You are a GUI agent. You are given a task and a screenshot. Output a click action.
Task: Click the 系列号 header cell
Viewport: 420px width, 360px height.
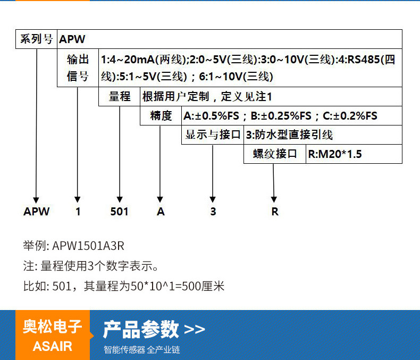[x=37, y=39]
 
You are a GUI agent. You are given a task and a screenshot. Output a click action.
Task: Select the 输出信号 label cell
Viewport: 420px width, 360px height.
[x=78, y=68]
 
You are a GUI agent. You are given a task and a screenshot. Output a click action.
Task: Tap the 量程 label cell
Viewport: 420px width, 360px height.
[x=120, y=96]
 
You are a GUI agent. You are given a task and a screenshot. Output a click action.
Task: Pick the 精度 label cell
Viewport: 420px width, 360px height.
[x=161, y=116]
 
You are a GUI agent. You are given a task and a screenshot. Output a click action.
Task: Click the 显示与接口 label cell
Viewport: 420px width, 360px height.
[x=213, y=135]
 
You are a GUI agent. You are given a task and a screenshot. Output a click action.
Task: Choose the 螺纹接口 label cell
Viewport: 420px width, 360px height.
[x=275, y=154]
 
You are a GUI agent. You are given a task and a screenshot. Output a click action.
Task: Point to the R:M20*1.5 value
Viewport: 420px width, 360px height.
[x=335, y=154]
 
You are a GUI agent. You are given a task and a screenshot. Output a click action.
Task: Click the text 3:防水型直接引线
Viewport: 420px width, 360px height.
[x=289, y=135]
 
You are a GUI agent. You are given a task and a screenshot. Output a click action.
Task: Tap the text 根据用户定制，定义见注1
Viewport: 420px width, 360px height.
[x=207, y=96]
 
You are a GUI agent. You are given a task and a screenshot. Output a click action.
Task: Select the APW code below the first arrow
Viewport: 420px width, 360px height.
[x=37, y=212]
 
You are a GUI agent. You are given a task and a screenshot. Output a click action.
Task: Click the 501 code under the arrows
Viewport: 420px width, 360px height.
[x=120, y=212]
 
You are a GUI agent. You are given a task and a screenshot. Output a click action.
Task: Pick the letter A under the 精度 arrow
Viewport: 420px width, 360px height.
[x=161, y=212]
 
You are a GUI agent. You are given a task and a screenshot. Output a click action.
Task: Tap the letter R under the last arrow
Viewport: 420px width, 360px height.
[x=275, y=212]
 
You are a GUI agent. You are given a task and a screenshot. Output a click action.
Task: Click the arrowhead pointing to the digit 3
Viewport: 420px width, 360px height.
[x=213, y=199]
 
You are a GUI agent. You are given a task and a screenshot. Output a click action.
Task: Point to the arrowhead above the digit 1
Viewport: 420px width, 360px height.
[x=78, y=199]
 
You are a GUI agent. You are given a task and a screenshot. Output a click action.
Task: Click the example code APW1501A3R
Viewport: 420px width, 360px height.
[x=88, y=246]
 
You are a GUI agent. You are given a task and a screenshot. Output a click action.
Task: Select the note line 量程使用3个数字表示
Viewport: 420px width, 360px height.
[x=99, y=266]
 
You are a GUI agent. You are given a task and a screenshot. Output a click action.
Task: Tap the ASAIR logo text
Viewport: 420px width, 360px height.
[x=53, y=346]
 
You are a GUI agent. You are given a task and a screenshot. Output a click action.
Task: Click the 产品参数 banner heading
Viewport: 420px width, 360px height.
[x=141, y=330]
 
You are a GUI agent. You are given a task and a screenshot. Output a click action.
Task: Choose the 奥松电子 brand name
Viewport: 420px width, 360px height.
[x=53, y=326]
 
